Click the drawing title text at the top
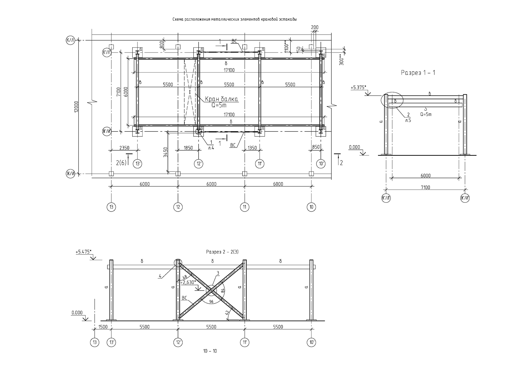[x=234, y=20]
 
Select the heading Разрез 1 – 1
[x=418, y=73]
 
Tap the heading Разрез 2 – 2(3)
[x=222, y=252]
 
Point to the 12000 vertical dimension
[x=76, y=107]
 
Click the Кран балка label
[x=221, y=99]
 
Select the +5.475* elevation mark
[x=83, y=252]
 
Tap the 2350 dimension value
[x=124, y=148]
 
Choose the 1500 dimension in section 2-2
[x=103, y=327]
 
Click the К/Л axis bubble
[x=70, y=41]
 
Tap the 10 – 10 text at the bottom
[x=210, y=351]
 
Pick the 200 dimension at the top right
[x=315, y=27]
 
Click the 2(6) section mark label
[x=121, y=162]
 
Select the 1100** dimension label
[x=287, y=45]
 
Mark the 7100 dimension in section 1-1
[x=425, y=187]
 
